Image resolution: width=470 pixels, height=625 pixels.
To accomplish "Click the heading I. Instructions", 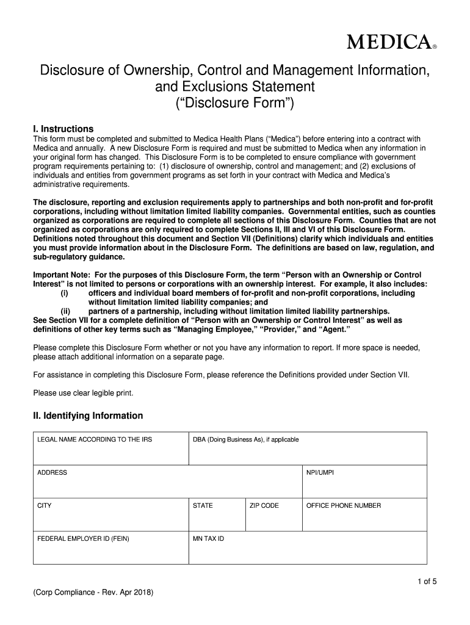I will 63,129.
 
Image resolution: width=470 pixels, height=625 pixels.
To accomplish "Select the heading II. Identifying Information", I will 88,416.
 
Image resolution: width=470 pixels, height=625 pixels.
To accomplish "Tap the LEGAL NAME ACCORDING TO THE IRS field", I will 110,449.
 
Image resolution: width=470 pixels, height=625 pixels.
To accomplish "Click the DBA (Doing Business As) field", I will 307,449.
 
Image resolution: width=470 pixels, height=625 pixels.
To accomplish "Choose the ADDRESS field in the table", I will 167,482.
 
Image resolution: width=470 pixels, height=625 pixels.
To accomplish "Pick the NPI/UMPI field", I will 364,482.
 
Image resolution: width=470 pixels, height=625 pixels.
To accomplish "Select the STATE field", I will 216,515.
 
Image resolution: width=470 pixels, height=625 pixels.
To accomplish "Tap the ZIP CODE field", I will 273,515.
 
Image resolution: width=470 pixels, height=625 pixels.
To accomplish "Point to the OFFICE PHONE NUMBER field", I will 364,515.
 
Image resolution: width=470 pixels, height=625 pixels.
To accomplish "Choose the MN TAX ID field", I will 307,547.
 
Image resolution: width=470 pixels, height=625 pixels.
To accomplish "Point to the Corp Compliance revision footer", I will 93,593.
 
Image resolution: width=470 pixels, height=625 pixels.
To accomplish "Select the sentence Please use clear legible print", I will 83,392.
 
